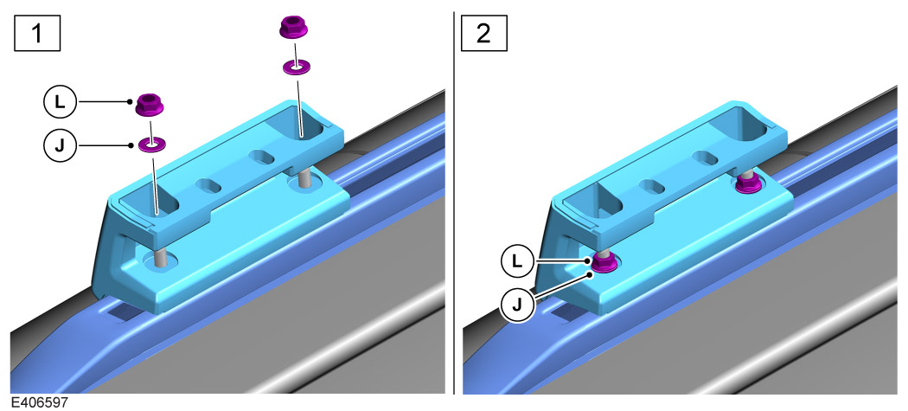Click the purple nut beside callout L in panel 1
150,106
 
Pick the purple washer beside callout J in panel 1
153,143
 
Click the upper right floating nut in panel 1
294,28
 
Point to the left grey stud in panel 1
162,256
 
